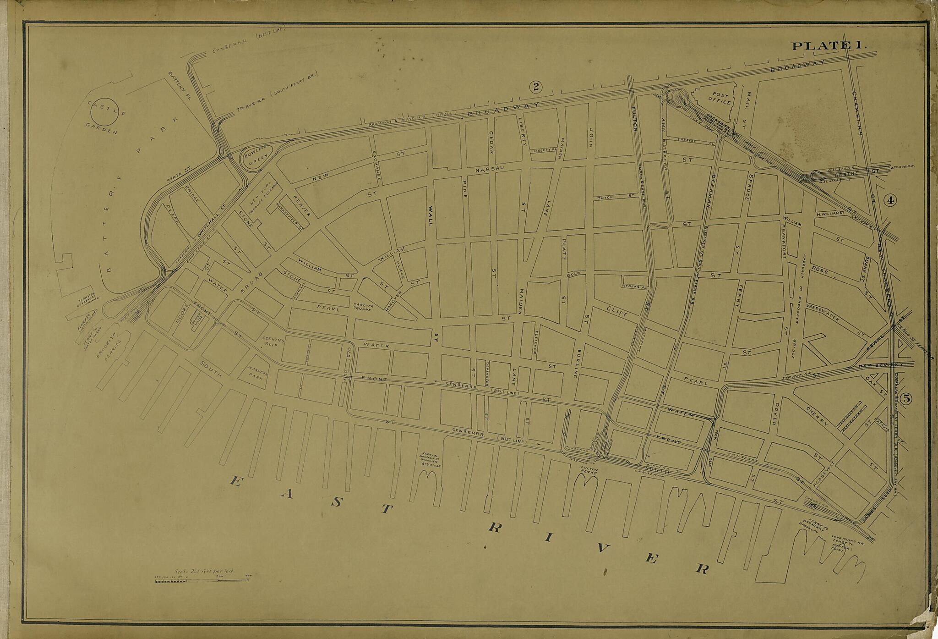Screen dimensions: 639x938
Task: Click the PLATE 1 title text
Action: (x=827, y=46)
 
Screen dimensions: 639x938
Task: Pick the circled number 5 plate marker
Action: (x=905, y=399)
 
